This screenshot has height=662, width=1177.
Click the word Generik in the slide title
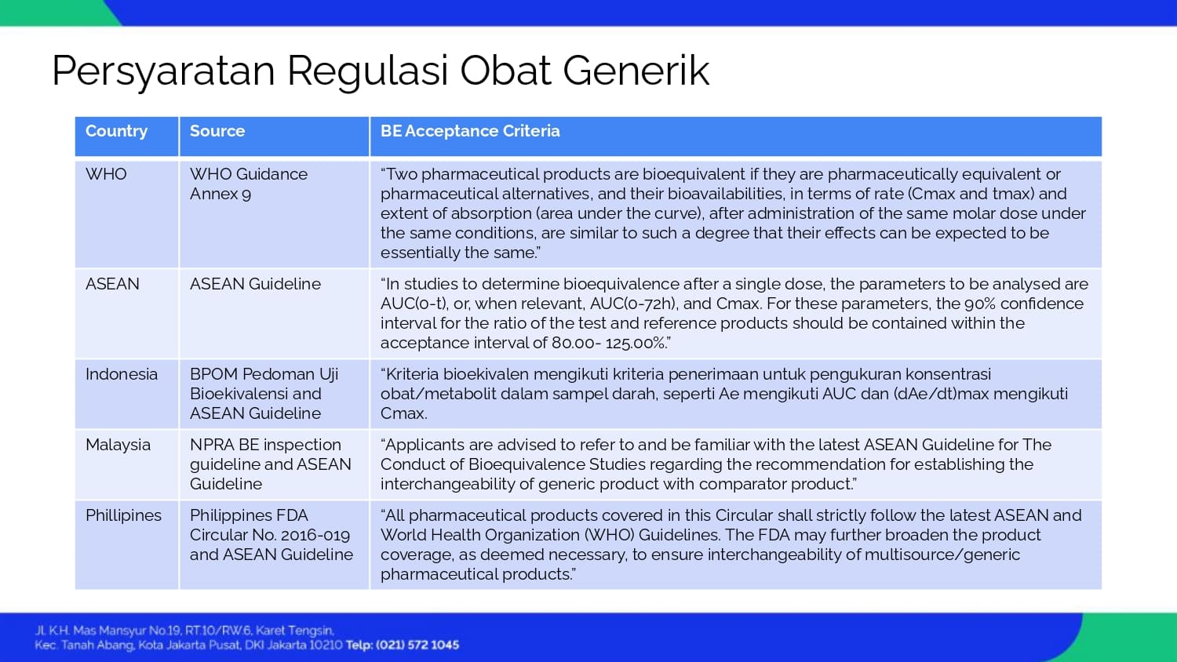point(636,71)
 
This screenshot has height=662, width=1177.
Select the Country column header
point(116,131)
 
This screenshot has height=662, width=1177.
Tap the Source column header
point(217,131)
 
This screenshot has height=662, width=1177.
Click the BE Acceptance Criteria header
point(470,131)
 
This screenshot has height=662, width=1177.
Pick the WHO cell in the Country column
point(106,174)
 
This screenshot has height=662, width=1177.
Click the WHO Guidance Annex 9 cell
point(249,184)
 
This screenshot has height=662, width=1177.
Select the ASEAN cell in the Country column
point(112,284)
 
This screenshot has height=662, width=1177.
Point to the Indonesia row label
point(122,374)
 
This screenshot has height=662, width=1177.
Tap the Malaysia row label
point(118,445)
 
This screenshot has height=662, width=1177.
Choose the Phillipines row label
point(123,515)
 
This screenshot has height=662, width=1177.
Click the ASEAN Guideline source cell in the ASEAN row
point(255,284)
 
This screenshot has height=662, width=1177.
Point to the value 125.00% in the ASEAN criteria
point(636,343)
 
